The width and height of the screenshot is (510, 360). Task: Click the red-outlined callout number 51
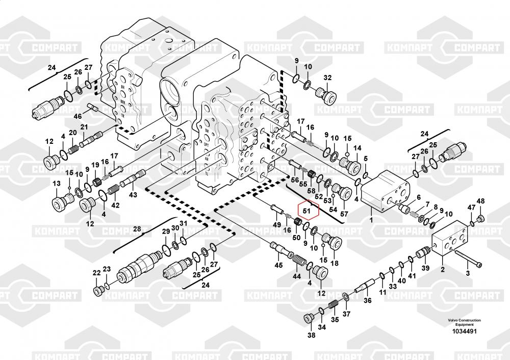click(x=307, y=210)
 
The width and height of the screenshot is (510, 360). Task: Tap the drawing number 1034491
click(x=464, y=331)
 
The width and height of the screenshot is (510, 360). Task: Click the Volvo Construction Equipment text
click(x=464, y=322)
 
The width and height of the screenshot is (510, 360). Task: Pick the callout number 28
click(x=137, y=229)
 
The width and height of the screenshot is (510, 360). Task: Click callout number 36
click(x=367, y=300)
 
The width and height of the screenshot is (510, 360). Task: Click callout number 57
click(x=344, y=214)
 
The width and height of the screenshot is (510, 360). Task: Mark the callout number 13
click(x=56, y=184)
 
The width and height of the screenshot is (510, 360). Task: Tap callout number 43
click(x=133, y=194)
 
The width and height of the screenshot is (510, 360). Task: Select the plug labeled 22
click(x=97, y=290)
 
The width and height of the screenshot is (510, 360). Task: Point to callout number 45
click(x=278, y=265)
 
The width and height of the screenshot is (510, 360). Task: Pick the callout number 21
click(x=84, y=127)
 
